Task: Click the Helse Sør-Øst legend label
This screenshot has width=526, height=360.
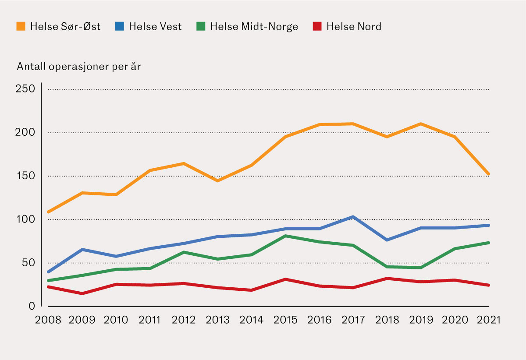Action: tap(65, 27)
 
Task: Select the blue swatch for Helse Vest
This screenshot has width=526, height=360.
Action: tap(119, 26)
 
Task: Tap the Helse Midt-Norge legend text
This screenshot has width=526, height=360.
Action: tap(254, 27)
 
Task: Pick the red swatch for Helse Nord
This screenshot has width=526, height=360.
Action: tap(317, 26)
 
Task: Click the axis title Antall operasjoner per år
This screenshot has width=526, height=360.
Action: tap(79, 67)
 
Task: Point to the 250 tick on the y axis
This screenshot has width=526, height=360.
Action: tap(25, 89)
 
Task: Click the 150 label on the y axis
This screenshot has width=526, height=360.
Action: tap(25, 176)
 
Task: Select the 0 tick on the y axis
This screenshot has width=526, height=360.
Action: tap(32, 306)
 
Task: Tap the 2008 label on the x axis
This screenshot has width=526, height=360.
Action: tap(48, 320)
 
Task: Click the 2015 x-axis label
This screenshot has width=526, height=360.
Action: tap(285, 320)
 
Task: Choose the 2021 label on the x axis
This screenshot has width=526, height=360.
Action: tap(488, 320)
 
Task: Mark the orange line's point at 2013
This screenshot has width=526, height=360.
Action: tap(217, 180)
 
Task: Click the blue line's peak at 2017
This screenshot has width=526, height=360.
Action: tap(353, 217)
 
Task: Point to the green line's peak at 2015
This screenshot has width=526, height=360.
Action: tap(285, 236)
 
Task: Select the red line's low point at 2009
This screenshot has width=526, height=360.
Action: tap(82, 293)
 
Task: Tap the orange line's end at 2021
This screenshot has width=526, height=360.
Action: tap(488, 174)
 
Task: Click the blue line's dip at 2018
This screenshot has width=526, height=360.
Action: tap(387, 240)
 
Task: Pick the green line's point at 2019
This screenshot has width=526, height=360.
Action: tap(421, 268)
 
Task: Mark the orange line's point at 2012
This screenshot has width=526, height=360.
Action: tap(184, 164)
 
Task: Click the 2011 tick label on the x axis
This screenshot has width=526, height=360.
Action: tap(150, 320)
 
